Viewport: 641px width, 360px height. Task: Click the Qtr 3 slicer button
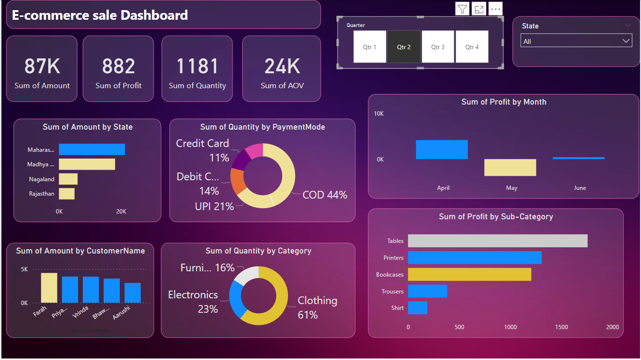tap(438, 47)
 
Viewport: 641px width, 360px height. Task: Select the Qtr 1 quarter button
tap(370, 47)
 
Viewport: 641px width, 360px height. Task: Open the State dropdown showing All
tap(576, 41)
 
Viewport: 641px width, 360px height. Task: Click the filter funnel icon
tap(462, 9)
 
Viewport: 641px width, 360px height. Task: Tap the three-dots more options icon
tap(496, 9)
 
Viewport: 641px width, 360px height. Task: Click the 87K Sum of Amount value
tap(42, 67)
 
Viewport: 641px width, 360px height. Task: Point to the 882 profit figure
tap(118, 67)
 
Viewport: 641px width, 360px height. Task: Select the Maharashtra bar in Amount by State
tap(92, 149)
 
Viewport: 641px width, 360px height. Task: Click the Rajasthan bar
tap(66, 194)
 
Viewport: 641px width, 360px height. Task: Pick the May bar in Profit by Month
tap(510, 168)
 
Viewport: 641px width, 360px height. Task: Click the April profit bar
tap(442, 149)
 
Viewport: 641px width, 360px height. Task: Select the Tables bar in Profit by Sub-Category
tap(497, 241)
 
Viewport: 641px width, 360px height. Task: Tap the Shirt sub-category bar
tap(418, 308)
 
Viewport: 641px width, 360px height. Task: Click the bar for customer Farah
tap(49, 288)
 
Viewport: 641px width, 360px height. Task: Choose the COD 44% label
tap(325, 195)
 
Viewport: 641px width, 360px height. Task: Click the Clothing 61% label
tap(317, 307)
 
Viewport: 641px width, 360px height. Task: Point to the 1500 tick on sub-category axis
tap(562, 327)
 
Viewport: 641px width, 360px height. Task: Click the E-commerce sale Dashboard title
tap(100, 15)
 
